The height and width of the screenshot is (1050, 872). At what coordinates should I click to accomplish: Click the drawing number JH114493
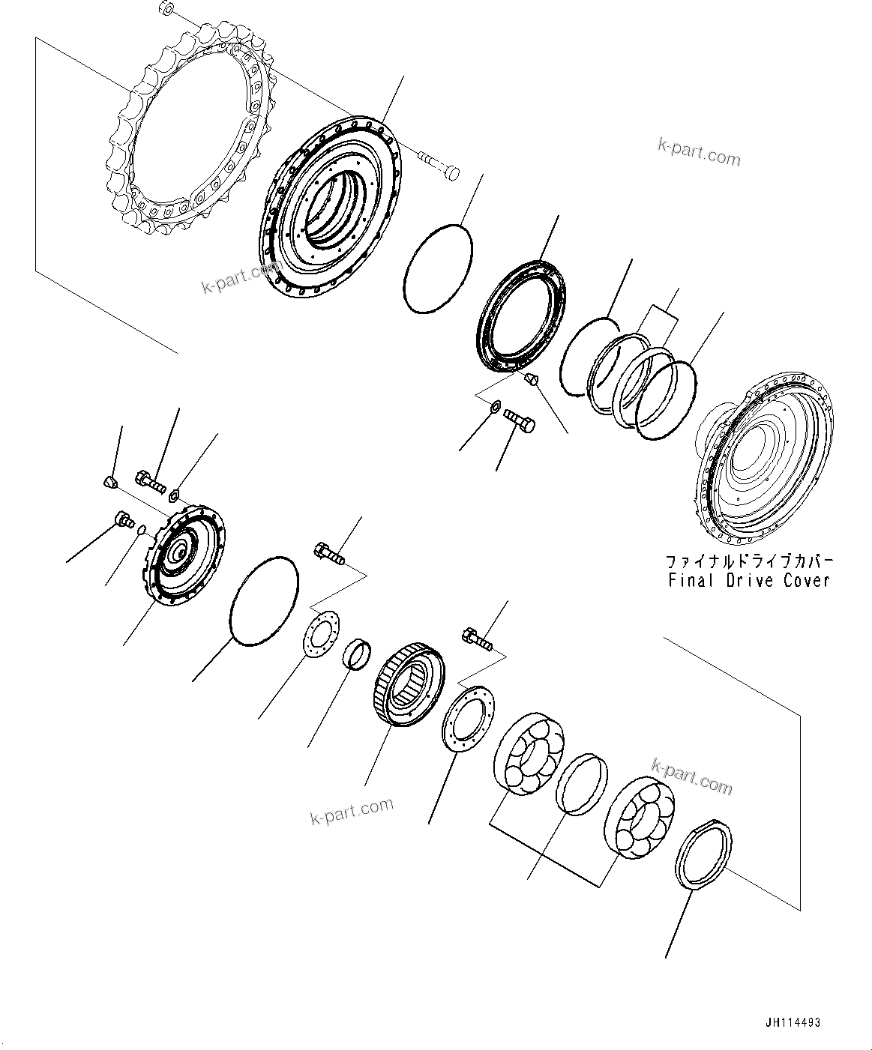coord(793,1022)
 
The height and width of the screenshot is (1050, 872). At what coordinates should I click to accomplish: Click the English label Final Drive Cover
coord(747,580)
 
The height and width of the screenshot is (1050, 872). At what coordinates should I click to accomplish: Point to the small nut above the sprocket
coord(167,10)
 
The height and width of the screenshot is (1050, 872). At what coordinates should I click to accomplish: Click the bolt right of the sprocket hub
coord(439,165)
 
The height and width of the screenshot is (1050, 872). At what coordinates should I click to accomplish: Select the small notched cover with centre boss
coord(184,555)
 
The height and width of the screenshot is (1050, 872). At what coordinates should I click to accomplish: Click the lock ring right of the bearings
coord(704,854)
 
